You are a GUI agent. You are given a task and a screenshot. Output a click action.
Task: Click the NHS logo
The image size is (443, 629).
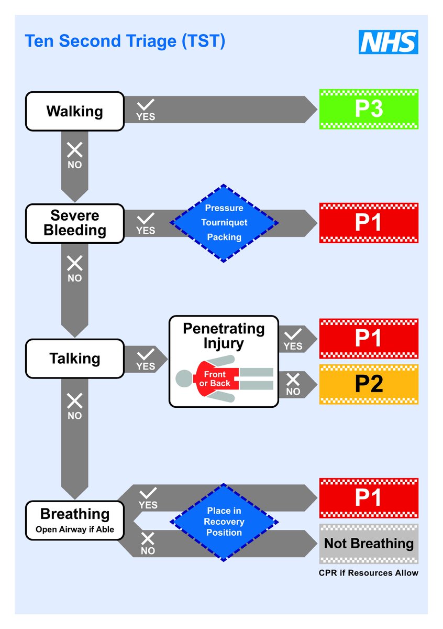[x=388, y=42]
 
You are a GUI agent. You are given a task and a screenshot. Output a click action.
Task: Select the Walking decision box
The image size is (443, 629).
[x=75, y=111]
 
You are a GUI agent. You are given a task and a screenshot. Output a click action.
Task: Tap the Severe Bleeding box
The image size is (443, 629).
[x=75, y=223]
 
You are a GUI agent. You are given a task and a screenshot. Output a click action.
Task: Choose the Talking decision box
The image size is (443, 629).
[x=75, y=359]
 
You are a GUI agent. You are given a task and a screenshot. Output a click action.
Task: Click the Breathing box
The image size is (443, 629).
[x=75, y=520]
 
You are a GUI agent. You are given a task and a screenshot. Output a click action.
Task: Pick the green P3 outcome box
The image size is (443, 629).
[x=369, y=109]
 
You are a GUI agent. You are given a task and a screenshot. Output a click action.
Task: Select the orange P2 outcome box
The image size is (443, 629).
[x=369, y=384]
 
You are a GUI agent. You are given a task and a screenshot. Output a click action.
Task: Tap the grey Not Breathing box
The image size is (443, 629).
[x=369, y=544]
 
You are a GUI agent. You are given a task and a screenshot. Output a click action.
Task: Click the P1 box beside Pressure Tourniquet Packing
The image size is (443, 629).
[x=369, y=223]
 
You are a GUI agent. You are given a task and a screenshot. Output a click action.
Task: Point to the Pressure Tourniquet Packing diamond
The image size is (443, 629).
[x=224, y=223]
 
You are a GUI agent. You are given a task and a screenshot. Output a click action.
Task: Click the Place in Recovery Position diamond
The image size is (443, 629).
[x=224, y=522]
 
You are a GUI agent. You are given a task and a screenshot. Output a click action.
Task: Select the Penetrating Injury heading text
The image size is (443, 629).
[x=224, y=336]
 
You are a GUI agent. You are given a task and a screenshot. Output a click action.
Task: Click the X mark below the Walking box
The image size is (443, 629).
[x=74, y=150]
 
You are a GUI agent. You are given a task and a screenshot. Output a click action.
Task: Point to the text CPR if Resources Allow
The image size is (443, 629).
[x=369, y=573]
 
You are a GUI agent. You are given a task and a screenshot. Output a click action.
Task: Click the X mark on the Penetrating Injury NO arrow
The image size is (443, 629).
[x=293, y=379]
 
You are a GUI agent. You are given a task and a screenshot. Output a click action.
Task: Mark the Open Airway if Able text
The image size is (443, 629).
[x=75, y=529]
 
